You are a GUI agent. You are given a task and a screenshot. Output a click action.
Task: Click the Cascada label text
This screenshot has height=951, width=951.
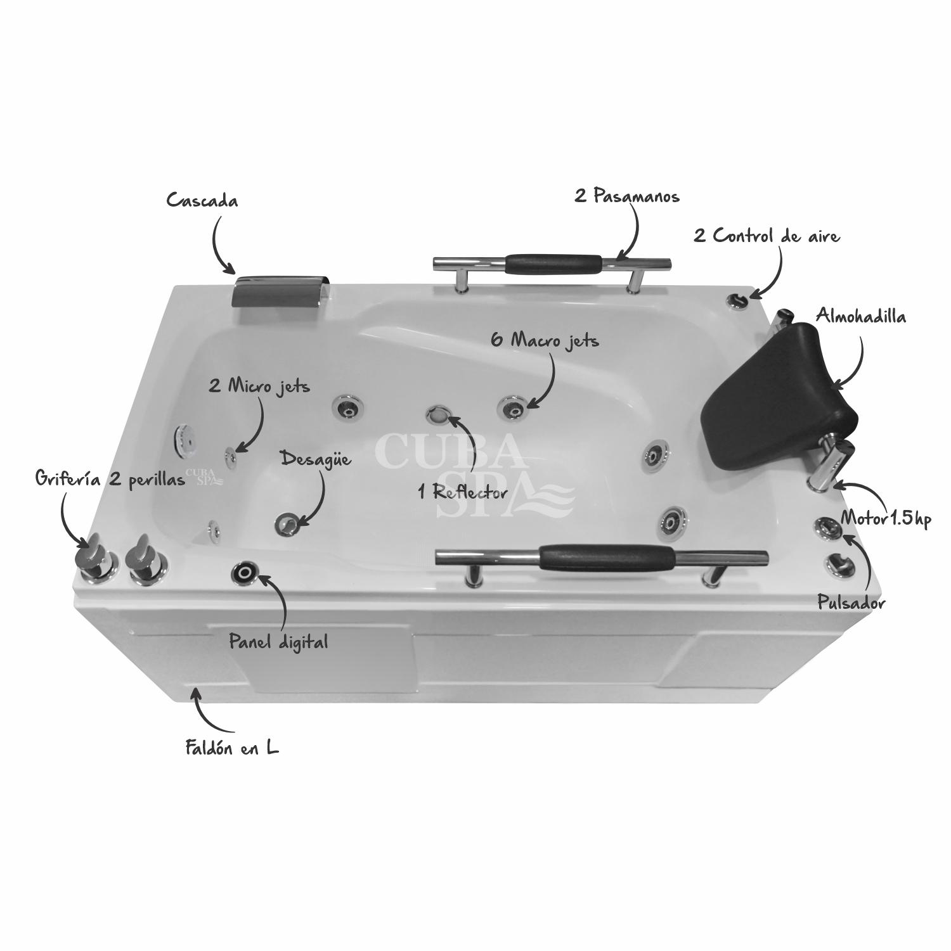point(202,201)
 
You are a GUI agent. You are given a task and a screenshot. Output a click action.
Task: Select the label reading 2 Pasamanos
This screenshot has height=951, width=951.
point(627,196)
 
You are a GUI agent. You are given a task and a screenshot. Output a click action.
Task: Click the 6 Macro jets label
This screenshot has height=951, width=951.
point(545,340)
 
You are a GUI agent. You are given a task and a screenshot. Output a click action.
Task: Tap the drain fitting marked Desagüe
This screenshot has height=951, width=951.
point(287,523)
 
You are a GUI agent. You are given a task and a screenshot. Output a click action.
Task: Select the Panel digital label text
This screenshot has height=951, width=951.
point(278,642)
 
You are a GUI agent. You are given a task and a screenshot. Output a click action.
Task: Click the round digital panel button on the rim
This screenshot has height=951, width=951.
point(245,573)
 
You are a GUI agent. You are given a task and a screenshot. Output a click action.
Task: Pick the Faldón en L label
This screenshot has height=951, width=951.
point(232,748)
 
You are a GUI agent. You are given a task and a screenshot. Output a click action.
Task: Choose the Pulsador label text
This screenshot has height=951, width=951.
point(851,603)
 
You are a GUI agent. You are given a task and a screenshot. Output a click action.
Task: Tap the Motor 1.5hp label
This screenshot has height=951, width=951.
point(886,520)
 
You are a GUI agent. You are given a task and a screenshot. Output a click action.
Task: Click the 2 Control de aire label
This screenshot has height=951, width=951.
point(767,236)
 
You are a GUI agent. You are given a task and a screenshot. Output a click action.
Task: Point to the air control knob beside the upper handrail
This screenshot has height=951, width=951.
point(737,300)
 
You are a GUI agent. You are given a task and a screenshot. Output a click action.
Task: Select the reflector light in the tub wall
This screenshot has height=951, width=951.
point(438,415)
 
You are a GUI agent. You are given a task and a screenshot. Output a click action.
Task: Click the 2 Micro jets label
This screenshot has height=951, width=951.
point(259,386)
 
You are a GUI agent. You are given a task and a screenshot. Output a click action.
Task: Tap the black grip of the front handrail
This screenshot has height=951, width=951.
point(607,557)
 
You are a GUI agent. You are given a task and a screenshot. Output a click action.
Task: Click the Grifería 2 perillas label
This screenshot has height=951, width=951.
point(110,480)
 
